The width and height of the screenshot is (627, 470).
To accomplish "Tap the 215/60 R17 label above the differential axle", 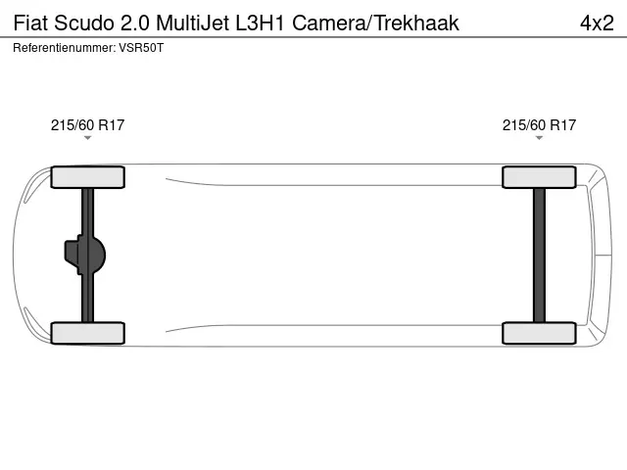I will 87,124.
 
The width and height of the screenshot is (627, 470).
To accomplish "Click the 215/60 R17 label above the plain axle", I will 539,124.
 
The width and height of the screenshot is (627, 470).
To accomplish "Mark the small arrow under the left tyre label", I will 87,138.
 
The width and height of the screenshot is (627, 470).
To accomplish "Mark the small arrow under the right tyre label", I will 539,138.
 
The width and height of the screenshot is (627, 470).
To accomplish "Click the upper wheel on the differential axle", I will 87,177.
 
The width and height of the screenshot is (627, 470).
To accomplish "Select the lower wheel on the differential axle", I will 87,333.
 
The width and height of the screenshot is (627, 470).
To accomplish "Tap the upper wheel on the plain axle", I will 539,177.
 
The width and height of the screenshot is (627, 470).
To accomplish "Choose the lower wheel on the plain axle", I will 539,333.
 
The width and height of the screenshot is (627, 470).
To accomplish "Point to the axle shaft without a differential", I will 539,255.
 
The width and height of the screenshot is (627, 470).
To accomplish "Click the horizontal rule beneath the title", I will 313,37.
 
